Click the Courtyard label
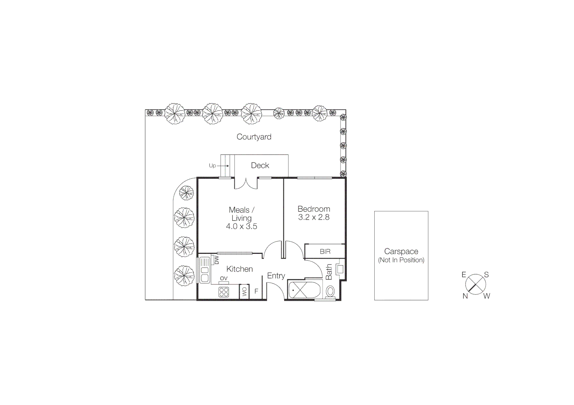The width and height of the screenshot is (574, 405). [x=254, y=137]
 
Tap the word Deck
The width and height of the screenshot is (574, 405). [x=260, y=165]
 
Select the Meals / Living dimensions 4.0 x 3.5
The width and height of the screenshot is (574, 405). [x=241, y=226]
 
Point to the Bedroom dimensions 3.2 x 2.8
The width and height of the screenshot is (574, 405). [x=314, y=217]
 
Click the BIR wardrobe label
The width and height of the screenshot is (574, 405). [x=325, y=252]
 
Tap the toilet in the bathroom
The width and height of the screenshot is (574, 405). [x=330, y=291]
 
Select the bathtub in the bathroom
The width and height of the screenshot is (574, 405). [x=304, y=290]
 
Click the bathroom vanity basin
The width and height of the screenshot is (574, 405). [x=340, y=269]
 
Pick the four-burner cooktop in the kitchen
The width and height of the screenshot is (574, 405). [x=224, y=292]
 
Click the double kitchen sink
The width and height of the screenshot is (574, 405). [x=205, y=270]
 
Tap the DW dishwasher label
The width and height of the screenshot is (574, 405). [x=217, y=260]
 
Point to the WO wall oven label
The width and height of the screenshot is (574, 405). [x=244, y=291]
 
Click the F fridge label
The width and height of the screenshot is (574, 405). [x=256, y=291]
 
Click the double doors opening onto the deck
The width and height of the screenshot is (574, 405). [x=246, y=183]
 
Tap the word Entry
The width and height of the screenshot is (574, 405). [x=276, y=276]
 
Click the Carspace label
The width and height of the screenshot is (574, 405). [x=401, y=252]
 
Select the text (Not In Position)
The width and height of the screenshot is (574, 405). [x=401, y=260]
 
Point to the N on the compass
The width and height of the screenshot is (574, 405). [x=465, y=296]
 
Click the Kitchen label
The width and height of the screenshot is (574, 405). [x=240, y=269]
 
